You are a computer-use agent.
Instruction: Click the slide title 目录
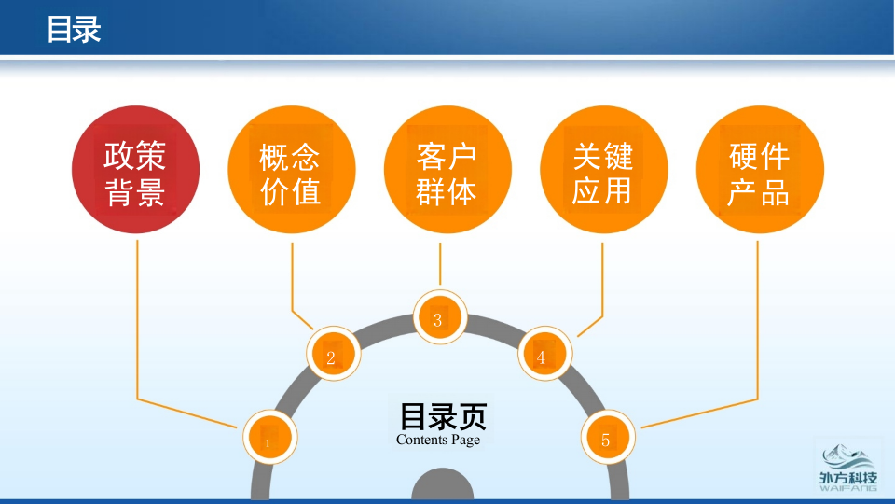click(x=74, y=30)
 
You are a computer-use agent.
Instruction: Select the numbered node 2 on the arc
click(x=334, y=355)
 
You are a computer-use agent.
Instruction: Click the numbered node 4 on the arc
click(x=544, y=355)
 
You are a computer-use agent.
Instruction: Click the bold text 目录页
click(x=443, y=416)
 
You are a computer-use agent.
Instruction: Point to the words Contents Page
click(x=438, y=440)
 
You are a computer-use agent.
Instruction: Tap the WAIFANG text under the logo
click(x=847, y=487)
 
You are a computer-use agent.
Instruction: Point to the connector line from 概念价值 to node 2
click(x=293, y=280)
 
